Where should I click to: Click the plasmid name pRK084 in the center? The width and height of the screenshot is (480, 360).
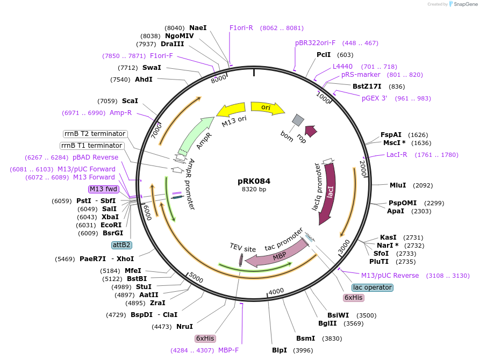(x=254, y=181)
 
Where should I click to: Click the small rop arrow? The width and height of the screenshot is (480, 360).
(x=311, y=131)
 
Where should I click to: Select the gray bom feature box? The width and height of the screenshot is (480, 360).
(x=298, y=120)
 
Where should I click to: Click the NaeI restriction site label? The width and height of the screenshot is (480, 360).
(x=198, y=27)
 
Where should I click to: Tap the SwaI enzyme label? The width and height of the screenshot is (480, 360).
(x=152, y=68)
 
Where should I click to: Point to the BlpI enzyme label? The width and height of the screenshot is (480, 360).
(x=280, y=350)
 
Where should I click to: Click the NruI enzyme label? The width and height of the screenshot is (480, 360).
(x=184, y=326)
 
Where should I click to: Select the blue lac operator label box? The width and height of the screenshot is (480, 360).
(x=373, y=287)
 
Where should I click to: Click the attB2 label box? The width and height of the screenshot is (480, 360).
(x=121, y=245)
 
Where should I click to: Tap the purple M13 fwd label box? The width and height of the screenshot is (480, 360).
(x=104, y=189)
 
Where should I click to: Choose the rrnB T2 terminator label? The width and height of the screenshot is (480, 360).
(x=94, y=134)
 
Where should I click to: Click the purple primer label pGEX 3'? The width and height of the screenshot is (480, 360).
(x=374, y=98)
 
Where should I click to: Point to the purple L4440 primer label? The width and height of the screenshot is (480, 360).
(x=342, y=67)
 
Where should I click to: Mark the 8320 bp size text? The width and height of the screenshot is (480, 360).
(x=254, y=190)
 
